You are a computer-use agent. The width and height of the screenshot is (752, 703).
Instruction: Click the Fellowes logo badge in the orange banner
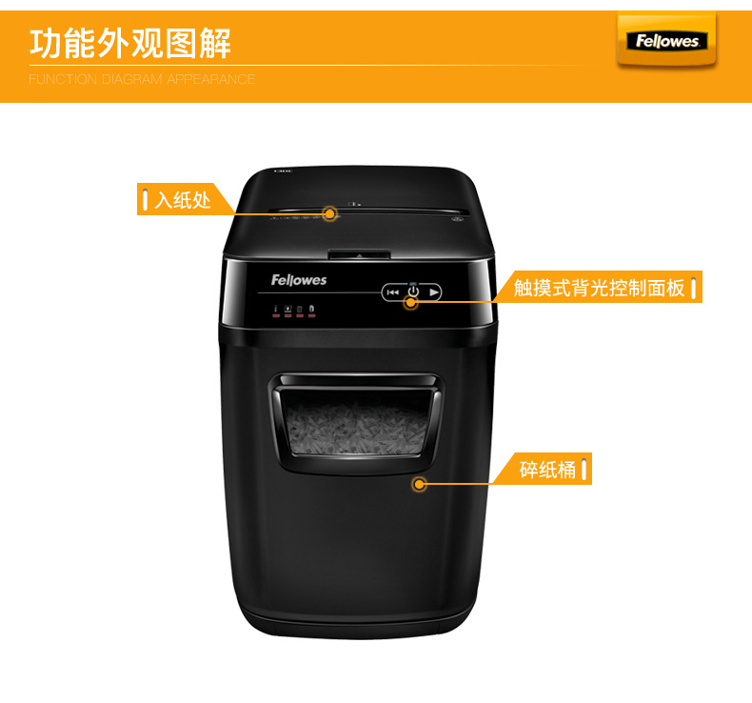click(x=666, y=41)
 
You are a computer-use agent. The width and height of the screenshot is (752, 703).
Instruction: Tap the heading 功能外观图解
click(x=130, y=43)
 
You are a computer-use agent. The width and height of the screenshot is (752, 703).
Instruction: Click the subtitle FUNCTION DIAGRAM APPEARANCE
click(x=142, y=79)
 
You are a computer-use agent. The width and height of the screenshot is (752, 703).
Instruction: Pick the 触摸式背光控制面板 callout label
click(x=599, y=287)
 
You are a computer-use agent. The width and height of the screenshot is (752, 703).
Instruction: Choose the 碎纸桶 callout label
click(x=546, y=469)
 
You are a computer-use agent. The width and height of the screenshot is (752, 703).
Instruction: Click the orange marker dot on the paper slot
click(x=330, y=213)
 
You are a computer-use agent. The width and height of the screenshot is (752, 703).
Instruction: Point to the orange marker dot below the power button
click(x=410, y=302)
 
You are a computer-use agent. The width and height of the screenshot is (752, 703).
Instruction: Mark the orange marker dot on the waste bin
click(x=419, y=484)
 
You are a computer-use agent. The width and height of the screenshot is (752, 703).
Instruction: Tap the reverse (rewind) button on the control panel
click(x=393, y=292)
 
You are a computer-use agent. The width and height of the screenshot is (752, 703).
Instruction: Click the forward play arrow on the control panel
click(x=434, y=291)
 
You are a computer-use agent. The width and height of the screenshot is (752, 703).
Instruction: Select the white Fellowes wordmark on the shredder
click(x=298, y=280)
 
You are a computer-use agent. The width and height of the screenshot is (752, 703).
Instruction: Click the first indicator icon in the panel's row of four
click(x=276, y=310)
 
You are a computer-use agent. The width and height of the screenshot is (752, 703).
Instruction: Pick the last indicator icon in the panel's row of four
click(x=311, y=310)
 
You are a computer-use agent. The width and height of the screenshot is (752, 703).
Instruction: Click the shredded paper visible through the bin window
click(x=356, y=428)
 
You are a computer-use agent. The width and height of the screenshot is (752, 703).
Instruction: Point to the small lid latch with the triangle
click(x=359, y=254)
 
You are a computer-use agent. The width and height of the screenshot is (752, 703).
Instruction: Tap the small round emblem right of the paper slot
click(x=456, y=219)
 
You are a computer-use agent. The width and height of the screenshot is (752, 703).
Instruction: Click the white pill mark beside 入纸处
click(x=145, y=199)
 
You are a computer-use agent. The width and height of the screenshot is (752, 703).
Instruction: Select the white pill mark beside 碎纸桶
click(x=584, y=469)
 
